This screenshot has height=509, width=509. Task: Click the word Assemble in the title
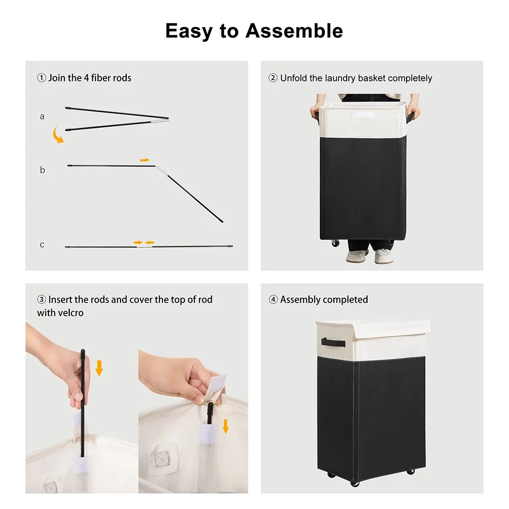[x=294, y=31]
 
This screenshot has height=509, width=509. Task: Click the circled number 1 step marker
[x=42, y=78]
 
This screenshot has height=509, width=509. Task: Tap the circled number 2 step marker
[x=273, y=78]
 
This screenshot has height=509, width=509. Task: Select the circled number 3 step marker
[x=42, y=299]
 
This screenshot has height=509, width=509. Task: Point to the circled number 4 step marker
[x=273, y=299]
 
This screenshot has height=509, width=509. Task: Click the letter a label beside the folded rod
[x=42, y=117]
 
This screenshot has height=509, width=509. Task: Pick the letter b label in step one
[x=42, y=170]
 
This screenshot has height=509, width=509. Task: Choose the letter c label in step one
[x=42, y=245]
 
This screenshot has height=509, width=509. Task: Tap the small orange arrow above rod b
[x=145, y=160]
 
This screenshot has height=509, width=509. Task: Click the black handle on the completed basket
[x=333, y=342]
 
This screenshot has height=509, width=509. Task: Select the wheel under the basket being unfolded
[x=335, y=243]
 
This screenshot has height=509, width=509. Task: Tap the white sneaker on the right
[x=384, y=256]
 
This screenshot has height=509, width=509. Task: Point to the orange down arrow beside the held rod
[x=99, y=368]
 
